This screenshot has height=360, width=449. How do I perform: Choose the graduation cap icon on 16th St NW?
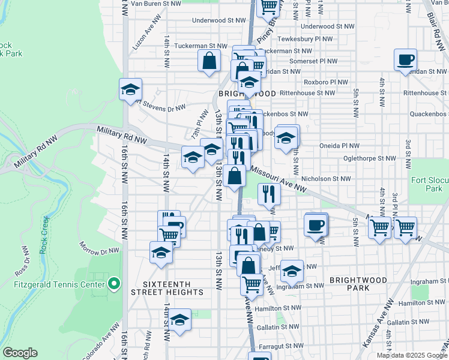pyautogui.click(x=130, y=90)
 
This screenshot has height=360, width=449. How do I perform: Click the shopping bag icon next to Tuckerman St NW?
pyautogui.click(x=209, y=61)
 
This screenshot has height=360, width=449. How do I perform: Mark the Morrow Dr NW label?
pyautogui.click(x=98, y=245)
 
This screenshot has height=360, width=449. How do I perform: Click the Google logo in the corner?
pyautogui.click(x=20, y=353)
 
